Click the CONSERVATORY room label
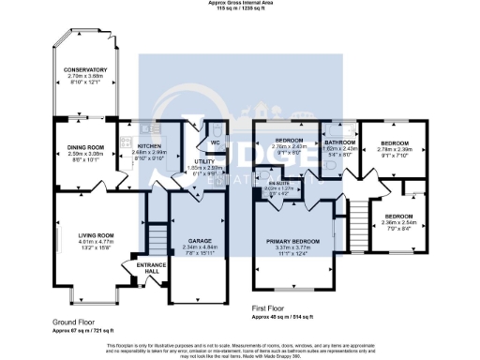click(85, 70)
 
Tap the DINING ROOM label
click(80, 146)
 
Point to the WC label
click(214, 142)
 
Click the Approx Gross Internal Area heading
click(241, 3)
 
